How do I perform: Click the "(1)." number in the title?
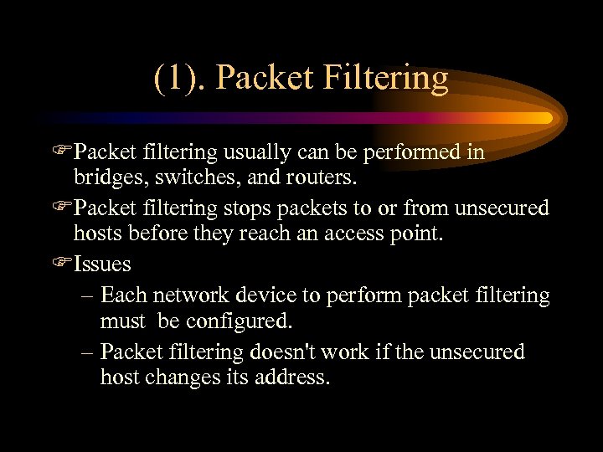[x=179, y=79]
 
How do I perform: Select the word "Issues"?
[x=102, y=265]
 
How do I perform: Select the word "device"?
[x=274, y=295]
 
